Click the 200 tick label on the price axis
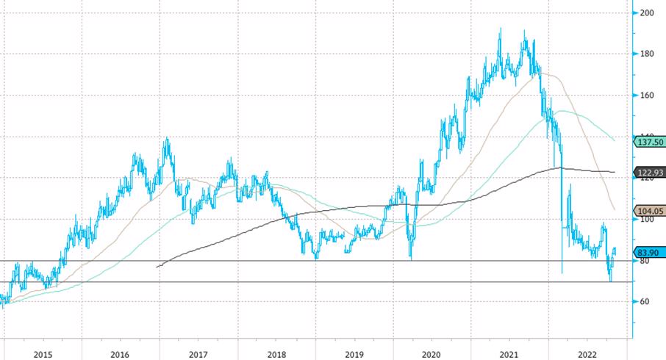[647, 13]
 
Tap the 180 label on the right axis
[647, 54]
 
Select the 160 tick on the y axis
[647, 96]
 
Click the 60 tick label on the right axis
[645, 302]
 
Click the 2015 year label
[43, 354]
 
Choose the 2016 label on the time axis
[120, 354]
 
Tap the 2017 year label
[198, 354]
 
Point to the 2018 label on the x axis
[276, 354]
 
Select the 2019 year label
[354, 354]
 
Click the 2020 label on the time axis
[432, 354]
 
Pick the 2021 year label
[509, 354]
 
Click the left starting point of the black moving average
[157, 266]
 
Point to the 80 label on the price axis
[645, 261]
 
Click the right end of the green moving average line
[615, 140]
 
